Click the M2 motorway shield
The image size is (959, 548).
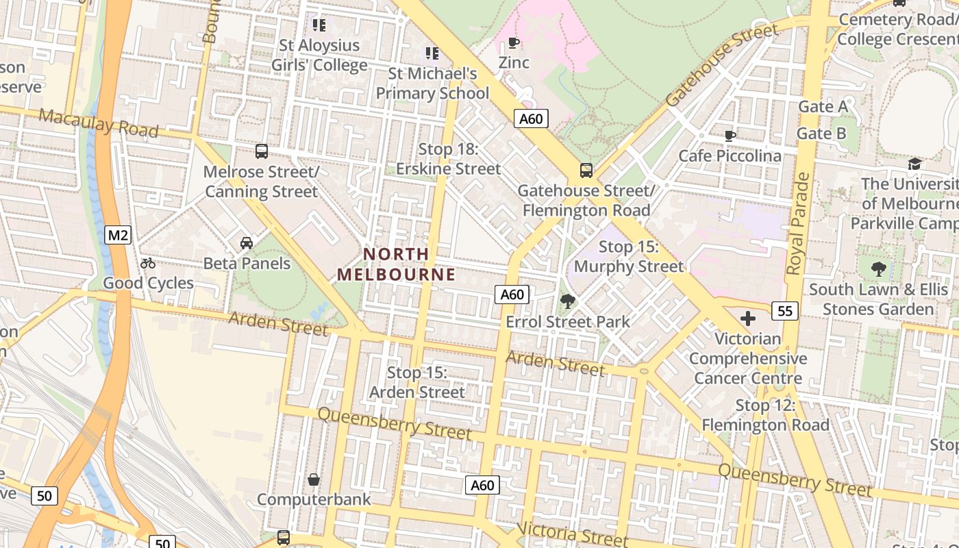coord(118,236)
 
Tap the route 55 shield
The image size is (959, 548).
coord(784,312)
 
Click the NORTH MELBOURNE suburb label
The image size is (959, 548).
coord(396,264)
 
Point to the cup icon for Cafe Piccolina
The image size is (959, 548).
coord(730,136)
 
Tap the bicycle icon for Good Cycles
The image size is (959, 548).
coord(148,263)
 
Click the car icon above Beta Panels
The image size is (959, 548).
coord(247,243)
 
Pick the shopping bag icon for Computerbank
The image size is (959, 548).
coord(314,480)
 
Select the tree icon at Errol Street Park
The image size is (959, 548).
coord(567,301)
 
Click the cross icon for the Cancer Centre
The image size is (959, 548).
coord(748,319)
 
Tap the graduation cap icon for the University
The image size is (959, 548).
coord(914,164)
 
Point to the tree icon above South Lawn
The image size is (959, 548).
coord(879,269)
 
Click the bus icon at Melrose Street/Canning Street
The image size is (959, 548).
coord(262,151)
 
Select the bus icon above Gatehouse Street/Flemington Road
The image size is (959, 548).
coord(586,171)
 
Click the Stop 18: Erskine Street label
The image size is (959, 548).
coord(449,159)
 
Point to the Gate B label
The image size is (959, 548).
coord(822,134)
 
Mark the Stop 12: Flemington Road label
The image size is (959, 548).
coord(765,415)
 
